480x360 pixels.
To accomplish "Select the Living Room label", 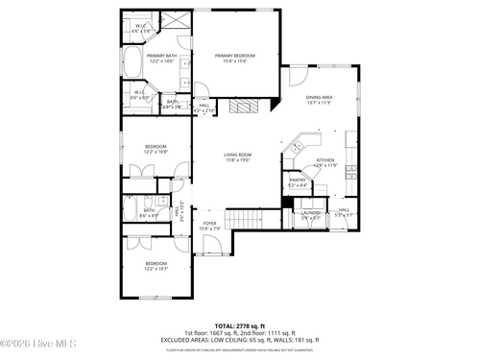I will (237, 156).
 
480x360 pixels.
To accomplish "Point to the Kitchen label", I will (325, 162).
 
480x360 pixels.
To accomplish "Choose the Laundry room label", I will (311, 214).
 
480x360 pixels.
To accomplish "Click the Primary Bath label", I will (161, 59).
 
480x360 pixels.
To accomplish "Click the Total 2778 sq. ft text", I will (240, 326).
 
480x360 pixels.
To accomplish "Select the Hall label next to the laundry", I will (344, 212).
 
